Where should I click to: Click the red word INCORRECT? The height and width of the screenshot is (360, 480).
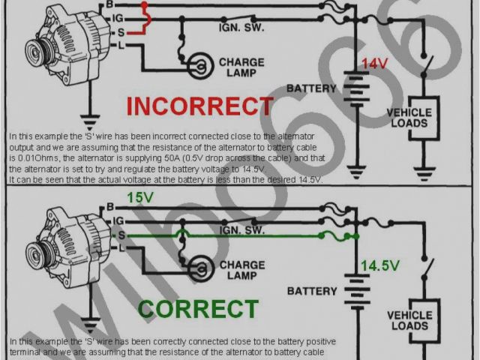(x=199, y=106)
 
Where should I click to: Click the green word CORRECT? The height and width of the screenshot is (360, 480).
(x=198, y=309)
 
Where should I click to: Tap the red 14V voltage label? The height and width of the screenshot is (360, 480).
(x=375, y=64)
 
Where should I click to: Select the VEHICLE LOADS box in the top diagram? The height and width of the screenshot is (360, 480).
(x=409, y=117)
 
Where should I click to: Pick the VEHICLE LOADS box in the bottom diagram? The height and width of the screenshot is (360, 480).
(x=409, y=319)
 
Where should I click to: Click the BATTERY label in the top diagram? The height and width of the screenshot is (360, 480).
(x=311, y=88)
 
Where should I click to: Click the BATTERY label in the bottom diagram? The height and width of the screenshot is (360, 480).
(x=312, y=290)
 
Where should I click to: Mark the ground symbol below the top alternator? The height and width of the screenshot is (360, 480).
(x=90, y=118)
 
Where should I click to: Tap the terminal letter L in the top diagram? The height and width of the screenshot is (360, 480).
(x=111, y=46)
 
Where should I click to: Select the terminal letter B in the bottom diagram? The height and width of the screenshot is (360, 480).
(x=110, y=206)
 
